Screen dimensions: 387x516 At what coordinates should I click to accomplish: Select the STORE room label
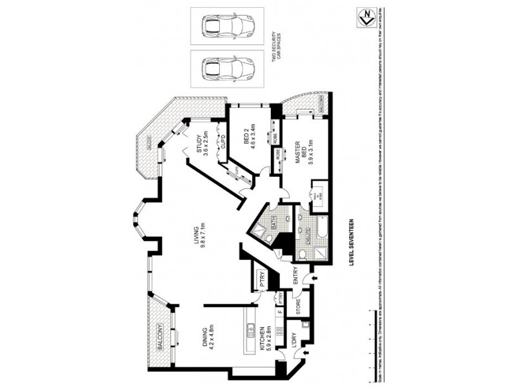[298, 306]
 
